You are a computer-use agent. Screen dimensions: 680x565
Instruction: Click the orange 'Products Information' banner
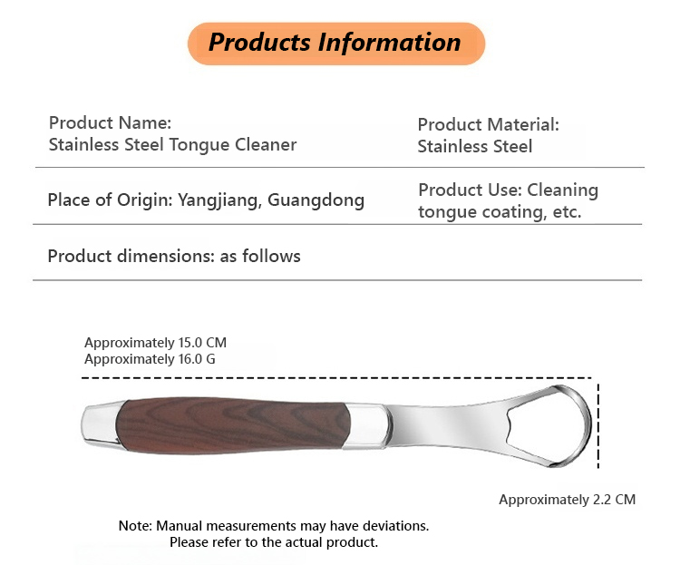[336, 44]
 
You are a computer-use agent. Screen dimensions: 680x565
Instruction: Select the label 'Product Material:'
[489, 124]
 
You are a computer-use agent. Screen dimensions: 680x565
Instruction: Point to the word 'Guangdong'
[316, 200]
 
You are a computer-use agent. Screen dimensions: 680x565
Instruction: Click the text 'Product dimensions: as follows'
[174, 256]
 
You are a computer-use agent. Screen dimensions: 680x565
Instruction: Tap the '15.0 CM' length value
[202, 343]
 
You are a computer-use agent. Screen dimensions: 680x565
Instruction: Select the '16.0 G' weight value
[197, 359]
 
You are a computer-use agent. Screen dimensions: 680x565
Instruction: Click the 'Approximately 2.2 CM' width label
[568, 500]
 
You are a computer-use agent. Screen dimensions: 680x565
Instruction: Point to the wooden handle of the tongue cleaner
[232, 425]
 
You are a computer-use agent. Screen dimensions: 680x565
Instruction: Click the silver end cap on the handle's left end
[100, 424]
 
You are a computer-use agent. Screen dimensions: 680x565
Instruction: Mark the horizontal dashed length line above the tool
[336, 378]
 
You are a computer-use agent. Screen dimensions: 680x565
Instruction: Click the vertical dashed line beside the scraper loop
[598, 425]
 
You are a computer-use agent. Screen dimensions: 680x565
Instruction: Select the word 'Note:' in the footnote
[135, 526]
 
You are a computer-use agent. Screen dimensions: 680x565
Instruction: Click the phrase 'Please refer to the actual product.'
[274, 542]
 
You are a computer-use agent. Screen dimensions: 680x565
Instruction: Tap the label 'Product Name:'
[110, 122]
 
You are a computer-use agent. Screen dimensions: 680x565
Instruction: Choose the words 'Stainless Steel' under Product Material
[475, 146]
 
